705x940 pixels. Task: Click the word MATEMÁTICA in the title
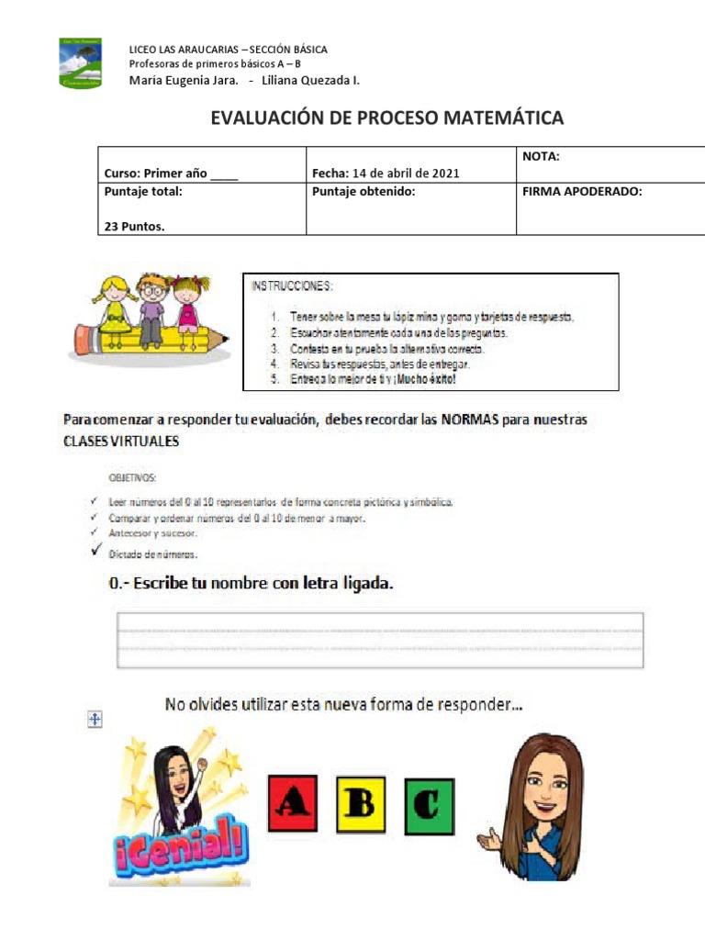504,118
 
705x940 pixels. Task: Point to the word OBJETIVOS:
133,478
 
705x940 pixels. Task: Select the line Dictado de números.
153,554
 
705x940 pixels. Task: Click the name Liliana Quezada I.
310,81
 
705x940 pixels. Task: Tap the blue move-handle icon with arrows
94,721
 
